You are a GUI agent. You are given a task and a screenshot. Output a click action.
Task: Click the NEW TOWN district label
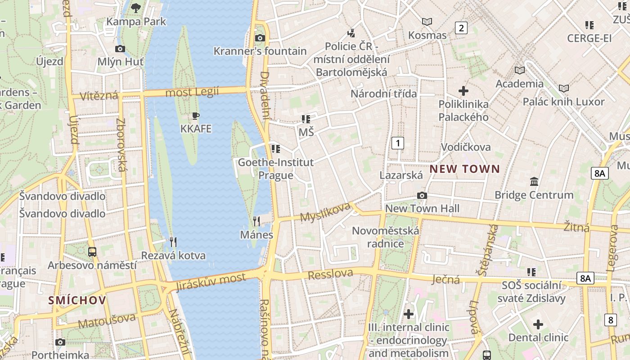(464, 169)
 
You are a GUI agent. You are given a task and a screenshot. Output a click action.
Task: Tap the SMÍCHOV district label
(77, 301)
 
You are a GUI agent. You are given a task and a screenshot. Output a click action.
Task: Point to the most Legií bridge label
(192, 92)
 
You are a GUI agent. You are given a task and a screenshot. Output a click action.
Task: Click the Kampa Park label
(136, 21)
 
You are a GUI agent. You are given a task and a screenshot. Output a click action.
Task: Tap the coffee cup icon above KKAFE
(195, 116)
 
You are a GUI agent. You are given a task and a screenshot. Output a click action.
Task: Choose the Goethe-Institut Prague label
(275, 168)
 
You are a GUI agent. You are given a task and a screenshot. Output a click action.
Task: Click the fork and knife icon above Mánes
(256, 221)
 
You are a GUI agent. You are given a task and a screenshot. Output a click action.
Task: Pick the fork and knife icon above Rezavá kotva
(173, 242)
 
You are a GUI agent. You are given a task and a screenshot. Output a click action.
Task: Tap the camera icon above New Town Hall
(422, 195)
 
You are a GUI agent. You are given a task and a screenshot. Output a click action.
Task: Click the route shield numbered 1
(397, 143)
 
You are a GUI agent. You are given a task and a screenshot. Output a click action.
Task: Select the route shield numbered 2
(461, 28)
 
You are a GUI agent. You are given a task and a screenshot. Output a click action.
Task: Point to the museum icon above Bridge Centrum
(534, 181)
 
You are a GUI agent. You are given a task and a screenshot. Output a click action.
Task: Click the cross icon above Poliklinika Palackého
(463, 91)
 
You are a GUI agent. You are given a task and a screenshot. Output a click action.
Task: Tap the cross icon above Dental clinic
(538, 324)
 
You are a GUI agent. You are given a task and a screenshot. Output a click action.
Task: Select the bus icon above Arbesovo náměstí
(92, 252)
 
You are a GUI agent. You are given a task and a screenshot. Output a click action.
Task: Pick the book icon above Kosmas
(427, 22)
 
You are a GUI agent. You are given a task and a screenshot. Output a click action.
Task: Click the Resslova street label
(330, 274)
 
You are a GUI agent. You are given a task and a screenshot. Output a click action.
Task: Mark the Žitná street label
(576, 227)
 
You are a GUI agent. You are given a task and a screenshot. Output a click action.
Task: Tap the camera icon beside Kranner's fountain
(260, 38)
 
